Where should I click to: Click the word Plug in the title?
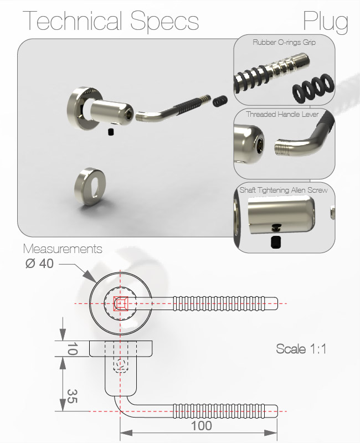coord(326,22)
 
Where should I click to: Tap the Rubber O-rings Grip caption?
coord(284,43)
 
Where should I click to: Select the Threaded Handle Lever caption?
coord(282,114)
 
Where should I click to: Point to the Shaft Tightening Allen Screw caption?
coord(284,190)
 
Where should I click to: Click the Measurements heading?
coord(63,249)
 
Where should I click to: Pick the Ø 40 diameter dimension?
coord(39,264)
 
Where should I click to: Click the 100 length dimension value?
coord(202,426)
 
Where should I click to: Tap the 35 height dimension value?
coord(72,396)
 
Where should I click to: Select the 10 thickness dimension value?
coord(72,349)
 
